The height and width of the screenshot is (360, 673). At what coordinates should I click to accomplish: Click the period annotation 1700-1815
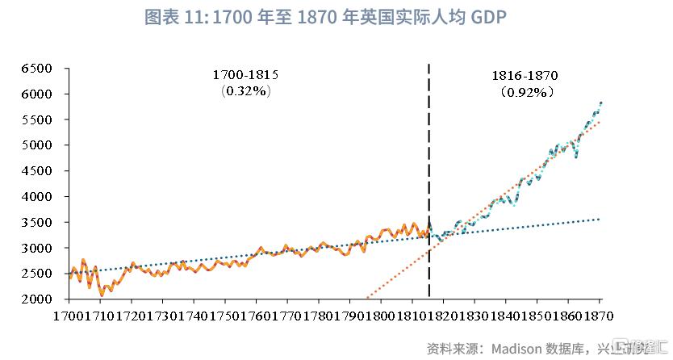(245, 74)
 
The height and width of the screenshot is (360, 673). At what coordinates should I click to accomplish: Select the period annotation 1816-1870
(525, 75)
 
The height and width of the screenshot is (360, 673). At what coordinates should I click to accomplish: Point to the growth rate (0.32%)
(245, 91)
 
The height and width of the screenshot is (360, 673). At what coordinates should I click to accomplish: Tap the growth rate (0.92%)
(525, 92)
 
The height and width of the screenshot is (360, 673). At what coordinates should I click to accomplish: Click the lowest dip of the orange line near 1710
(102, 295)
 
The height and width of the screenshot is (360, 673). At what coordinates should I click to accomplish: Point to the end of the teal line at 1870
(601, 103)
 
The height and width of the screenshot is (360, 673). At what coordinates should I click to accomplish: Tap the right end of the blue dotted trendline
(600, 219)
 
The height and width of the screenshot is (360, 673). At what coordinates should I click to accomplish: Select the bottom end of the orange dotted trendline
(367, 299)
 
